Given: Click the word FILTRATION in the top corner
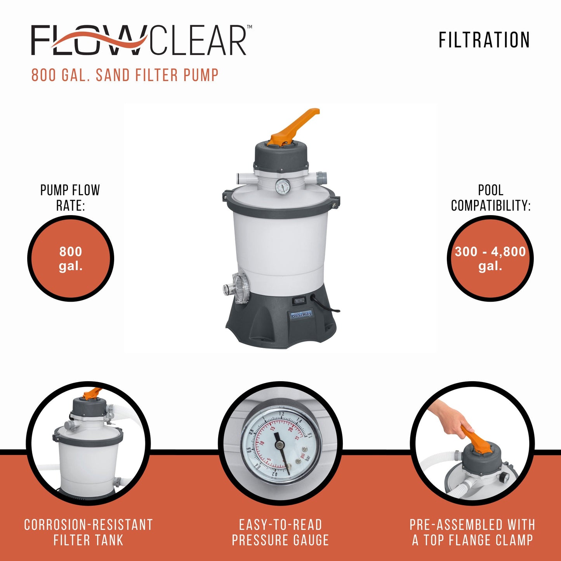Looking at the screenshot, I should (x=484, y=40).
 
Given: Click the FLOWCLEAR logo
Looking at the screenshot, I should (x=140, y=40).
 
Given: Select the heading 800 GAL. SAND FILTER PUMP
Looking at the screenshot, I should (x=125, y=75).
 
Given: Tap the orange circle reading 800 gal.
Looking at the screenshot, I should (x=71, y=259).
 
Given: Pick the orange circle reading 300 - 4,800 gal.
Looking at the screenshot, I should (x=490, y=259).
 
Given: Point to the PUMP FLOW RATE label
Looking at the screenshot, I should (x=70, y=198).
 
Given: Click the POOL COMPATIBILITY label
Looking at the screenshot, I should (x=491, y=198).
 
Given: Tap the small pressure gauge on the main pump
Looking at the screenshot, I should (x=283, y=187).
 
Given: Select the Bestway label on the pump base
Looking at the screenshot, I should (x=301, y=314).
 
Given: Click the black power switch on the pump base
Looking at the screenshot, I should (x=299, y=300).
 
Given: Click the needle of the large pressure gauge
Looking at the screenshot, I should (x=281, y=450).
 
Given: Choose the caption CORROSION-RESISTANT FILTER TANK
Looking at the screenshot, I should (x=89, y=532).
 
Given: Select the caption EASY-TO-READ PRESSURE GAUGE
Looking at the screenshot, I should (x=280, y=532).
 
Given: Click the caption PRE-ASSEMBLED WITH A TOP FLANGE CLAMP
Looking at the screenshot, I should (x=472, y=532).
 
